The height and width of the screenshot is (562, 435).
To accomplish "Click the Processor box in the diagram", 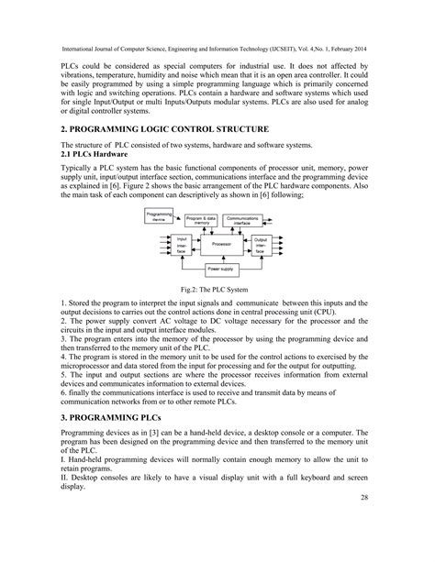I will click(x=216, y=245).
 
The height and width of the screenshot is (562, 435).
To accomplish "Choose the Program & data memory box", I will click(x=203, y=221).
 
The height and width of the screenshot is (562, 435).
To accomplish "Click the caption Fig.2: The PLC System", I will click(x=217, y=288).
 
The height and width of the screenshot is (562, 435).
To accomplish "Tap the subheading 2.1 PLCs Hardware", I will click(x=97, y=156).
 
